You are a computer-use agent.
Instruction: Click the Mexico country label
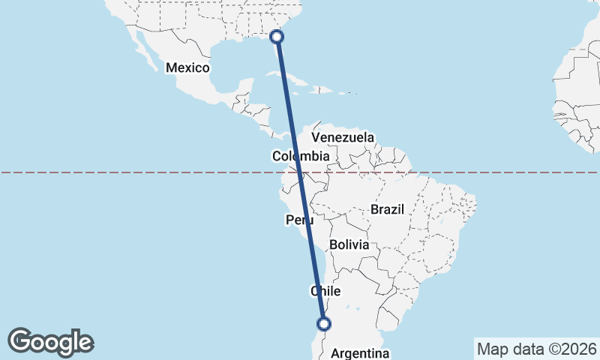pos(187,67)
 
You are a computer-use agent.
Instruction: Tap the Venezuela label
pos(343,138)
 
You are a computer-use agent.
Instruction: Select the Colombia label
pos(301,156)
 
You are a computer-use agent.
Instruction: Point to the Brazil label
pos(388,209)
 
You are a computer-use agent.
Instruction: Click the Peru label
pos(298,220)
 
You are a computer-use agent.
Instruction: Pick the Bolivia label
pos(349,244)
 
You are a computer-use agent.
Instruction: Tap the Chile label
pos(326,291)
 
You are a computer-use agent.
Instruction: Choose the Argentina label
pos(360,353)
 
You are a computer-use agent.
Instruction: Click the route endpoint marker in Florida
pos(277,36)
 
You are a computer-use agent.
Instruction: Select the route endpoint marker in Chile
pos(324,324)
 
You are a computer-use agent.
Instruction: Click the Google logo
pos(50,341)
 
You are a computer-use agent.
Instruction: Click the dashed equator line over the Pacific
pos(112,172)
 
